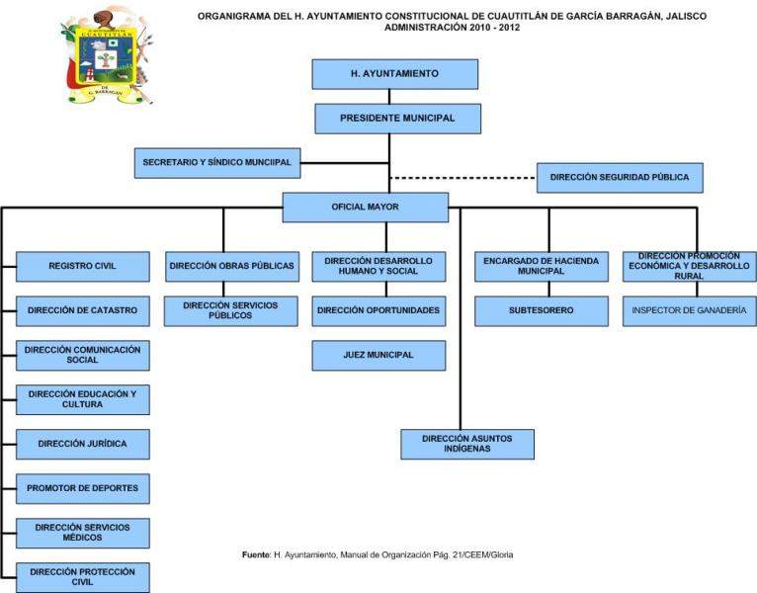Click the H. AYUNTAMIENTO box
(x=394, y=74)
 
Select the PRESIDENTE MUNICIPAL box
(x=397, y=119)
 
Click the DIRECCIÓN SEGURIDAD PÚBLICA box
(x=620, y=178)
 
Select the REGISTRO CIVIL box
(x=83, y=267)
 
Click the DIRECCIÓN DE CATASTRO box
(x=83, y=311)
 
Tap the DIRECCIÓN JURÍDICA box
(x=83, y=445)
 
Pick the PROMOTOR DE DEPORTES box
(x=83, y=488)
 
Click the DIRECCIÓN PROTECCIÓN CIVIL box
(x=83, y=577)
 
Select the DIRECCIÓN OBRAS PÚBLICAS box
(x=231, y=266)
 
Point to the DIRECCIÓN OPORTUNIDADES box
(x=378, y=311)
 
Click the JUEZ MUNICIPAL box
(x=378, y=356)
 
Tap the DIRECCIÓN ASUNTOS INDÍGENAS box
(x=467, y=444)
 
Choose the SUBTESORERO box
(x=541, y=311)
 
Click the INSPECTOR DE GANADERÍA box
(x=689, y=311)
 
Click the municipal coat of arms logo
(x=107, y=56)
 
